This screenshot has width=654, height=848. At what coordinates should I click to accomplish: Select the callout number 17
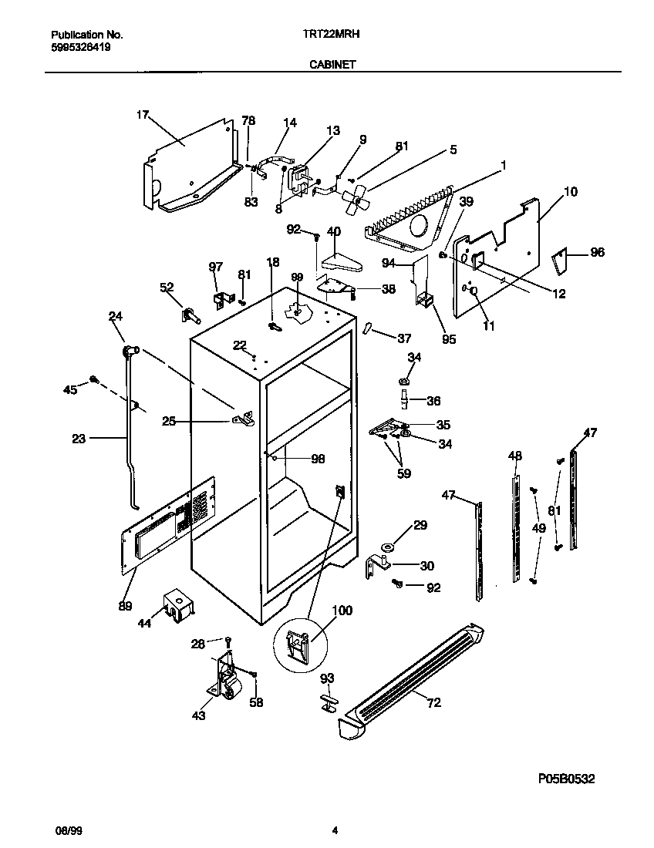142,115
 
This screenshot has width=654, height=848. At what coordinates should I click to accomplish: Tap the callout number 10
571,191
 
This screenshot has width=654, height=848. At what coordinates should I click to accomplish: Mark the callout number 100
342,611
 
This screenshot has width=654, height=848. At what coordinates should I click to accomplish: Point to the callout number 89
125,606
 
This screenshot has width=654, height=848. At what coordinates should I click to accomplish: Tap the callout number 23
78,439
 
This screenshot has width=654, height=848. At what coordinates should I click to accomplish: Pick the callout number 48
515,456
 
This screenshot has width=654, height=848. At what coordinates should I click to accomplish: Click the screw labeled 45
94,379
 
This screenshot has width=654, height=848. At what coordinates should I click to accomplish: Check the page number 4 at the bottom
334,830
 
